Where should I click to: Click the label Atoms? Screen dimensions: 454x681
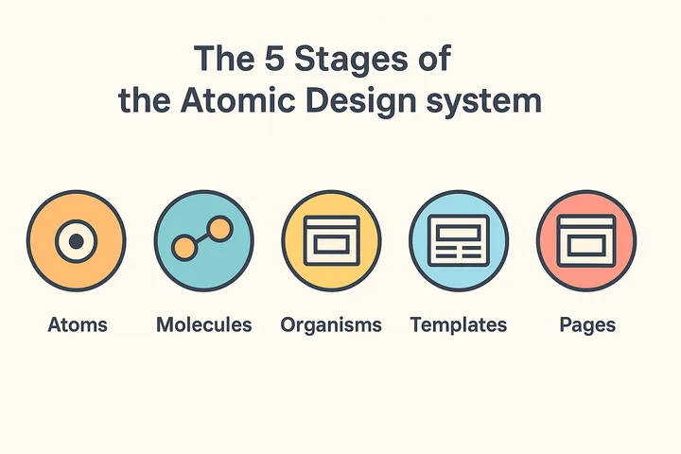(x=78, y=325)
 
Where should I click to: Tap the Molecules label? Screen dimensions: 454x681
(x=203, y=325)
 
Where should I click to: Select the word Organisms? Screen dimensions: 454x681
(x=331, y=325)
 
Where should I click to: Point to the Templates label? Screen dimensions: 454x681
(x=459, y=325)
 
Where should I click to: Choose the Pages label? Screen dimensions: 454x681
(x=587, y=325)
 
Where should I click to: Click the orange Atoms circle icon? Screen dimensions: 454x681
(x=76, y=241)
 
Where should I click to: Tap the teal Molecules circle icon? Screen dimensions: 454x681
(x=203, y=241)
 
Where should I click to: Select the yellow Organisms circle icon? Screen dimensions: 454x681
(x=331, y=241)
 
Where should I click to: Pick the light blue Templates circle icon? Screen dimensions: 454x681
(x=459, y=241)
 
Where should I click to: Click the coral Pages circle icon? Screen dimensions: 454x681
(x=586, y=241)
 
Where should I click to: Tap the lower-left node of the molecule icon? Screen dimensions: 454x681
(x=183, y=248)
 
